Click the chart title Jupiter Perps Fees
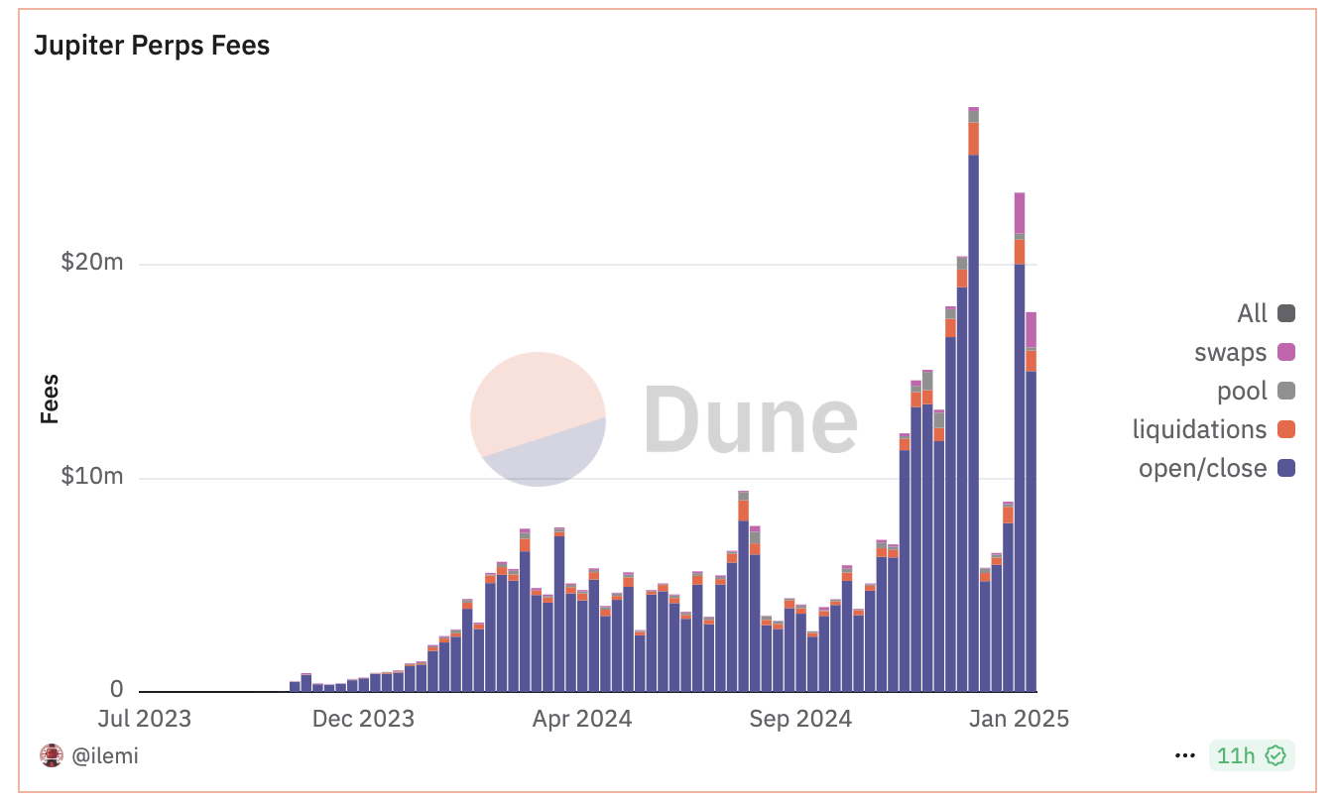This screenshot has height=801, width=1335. pos(152,46)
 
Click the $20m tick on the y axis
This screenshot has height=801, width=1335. pos(91,263)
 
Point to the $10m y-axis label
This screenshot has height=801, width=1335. pos(91,476)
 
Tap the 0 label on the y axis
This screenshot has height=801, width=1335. pos(117,689)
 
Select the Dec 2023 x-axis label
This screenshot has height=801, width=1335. pos(363,719)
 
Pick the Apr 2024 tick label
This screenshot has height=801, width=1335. pos(582,719)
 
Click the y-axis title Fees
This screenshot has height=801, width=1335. pos(50,399)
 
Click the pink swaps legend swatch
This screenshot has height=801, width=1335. pos(1286,352)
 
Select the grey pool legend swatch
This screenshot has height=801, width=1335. pos(1286,391)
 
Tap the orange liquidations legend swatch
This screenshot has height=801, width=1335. pos(1286,429)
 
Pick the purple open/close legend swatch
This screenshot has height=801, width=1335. pos(1286,468)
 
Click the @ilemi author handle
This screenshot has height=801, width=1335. pos(105,756)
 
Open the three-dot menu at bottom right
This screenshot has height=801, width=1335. pos(1184,756)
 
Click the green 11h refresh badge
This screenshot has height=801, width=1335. pos(1251,756)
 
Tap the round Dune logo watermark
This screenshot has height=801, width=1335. pos(538,419)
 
